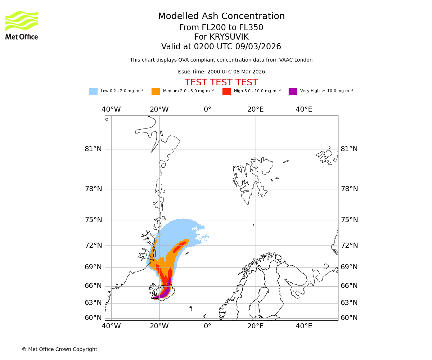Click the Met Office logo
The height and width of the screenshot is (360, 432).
click(22, 25)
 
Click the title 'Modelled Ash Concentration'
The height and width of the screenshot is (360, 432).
click(221, 17)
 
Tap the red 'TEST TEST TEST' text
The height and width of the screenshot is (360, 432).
click(221, 82)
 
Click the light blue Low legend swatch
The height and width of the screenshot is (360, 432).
click(93, 91)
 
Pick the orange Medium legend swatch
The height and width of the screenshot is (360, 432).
click(156, 91)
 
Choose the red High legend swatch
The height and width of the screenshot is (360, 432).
click(226, 91)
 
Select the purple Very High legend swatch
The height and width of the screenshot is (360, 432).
click(293, 91)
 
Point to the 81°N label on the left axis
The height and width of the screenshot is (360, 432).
click(93, 149)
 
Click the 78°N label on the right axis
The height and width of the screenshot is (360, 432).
click(349, 189)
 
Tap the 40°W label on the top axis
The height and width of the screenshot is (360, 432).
click(111, 109)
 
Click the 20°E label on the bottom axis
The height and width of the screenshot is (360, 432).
click(256, 326)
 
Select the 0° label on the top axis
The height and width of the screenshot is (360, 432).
click(207, 109)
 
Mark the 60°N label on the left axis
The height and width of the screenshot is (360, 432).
click(93, 318)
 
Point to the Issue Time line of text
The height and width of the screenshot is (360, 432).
click(221, 72)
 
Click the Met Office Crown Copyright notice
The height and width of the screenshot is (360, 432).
click(59, 349)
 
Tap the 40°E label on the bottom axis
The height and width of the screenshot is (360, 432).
click(304, 326)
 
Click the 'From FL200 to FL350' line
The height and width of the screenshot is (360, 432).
click(221, 28)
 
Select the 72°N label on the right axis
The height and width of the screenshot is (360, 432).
click(349, 246)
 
